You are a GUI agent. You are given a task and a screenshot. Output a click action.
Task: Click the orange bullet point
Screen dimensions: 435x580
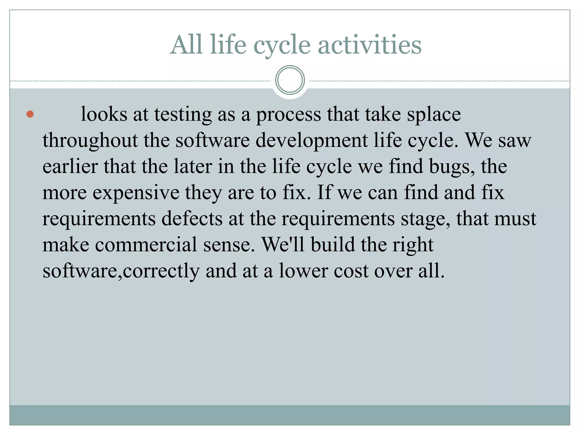(30, 114)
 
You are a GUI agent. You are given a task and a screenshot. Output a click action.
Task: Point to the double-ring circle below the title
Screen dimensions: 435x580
(290, 80)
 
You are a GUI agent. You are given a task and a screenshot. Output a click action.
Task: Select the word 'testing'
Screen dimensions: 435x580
(183, 115)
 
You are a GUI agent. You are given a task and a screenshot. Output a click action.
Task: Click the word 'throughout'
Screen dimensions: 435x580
(90, 141)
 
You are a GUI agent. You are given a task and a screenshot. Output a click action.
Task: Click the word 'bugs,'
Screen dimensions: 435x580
(452, 167)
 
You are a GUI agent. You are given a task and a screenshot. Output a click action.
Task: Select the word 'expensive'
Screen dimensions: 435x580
(136, 193)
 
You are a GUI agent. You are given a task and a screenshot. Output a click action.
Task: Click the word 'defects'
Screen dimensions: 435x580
(192, 219)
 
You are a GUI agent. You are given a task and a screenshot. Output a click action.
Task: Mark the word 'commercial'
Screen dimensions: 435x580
(146, 245)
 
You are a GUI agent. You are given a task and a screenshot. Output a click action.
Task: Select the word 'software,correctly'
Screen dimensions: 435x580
(121, 271)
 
